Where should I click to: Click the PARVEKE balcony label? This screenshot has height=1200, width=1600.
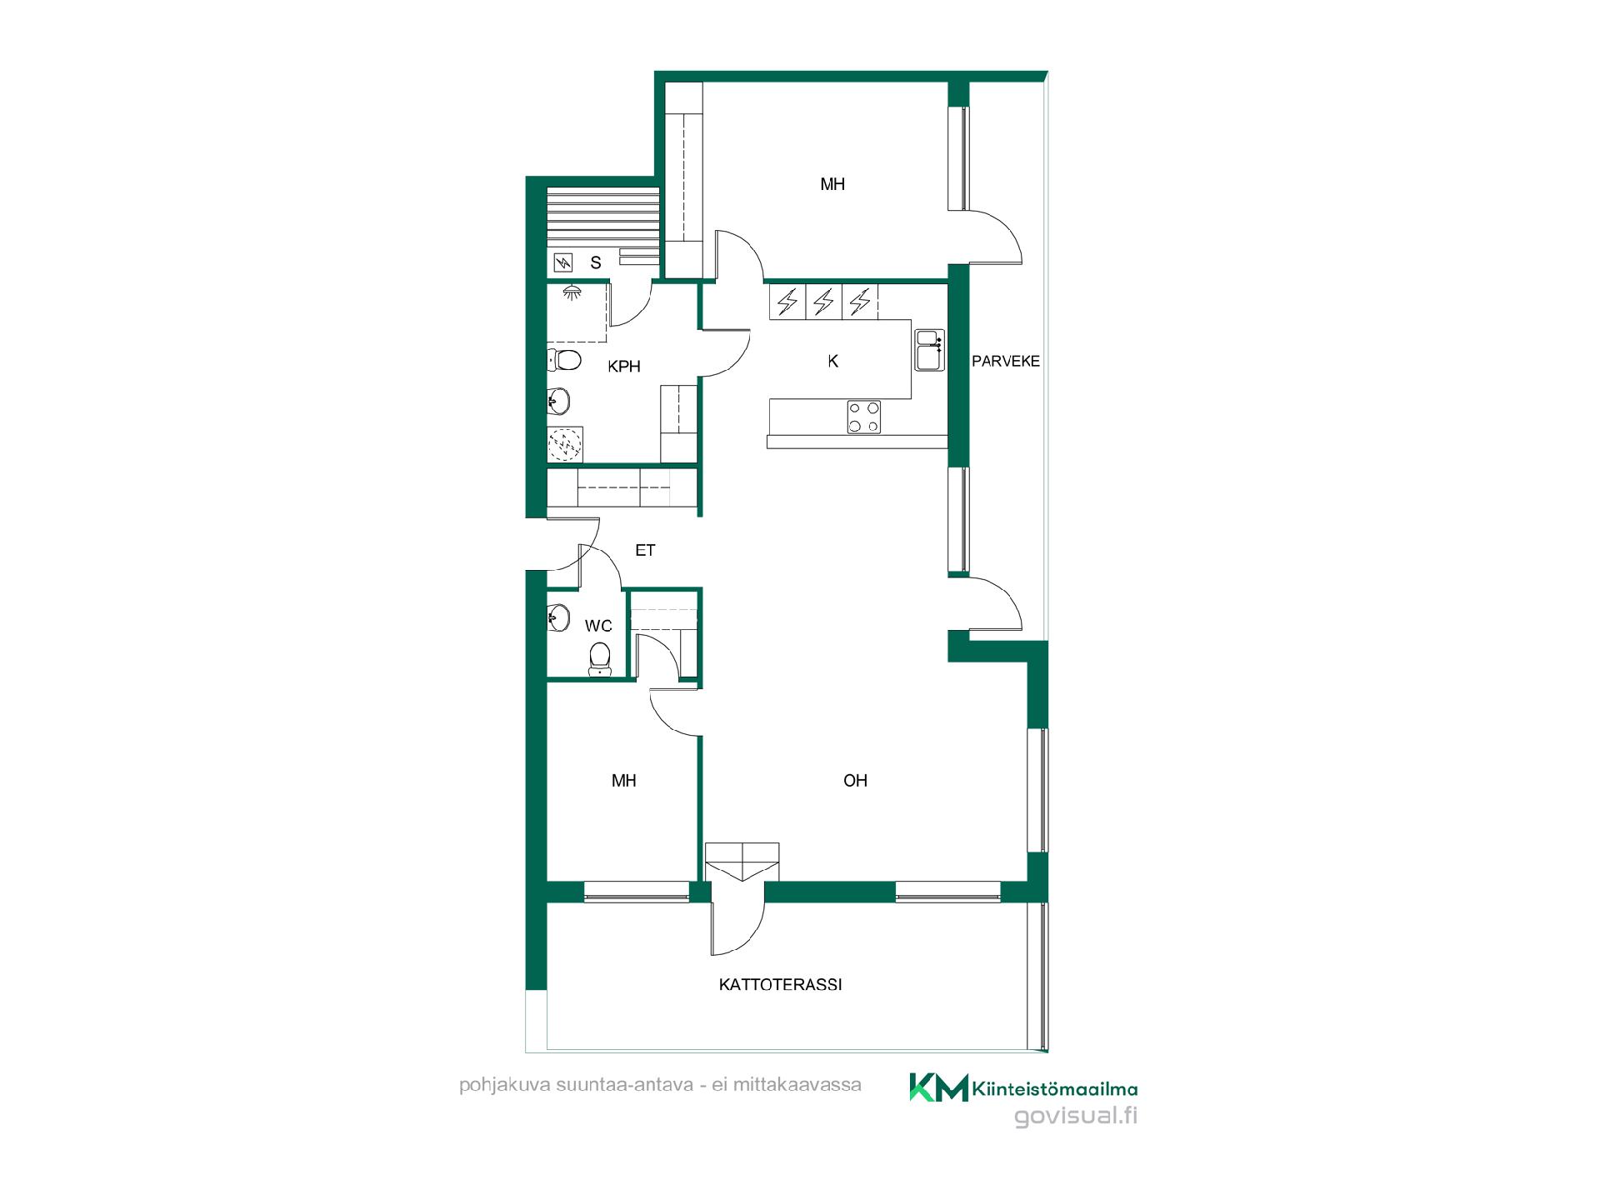pos(1006,362)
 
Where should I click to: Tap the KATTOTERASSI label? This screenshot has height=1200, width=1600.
pos(781,985)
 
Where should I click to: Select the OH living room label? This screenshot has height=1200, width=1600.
pos(856,781)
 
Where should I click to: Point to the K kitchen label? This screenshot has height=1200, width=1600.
pos(833,362)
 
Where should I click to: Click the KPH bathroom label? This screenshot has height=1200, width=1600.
pos(624,367)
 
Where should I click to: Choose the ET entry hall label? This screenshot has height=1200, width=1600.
pos(645,551)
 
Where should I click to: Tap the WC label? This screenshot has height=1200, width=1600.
pos(598,626)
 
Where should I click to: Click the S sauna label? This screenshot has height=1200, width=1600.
pos(596,263)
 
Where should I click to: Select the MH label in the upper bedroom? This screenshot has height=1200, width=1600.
pos(832,184)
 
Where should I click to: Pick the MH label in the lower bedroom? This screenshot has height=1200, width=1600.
pos(624,781)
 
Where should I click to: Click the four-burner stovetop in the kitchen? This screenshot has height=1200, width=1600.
pos(864,417)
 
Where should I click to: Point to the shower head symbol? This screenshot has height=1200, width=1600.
pos(572,292)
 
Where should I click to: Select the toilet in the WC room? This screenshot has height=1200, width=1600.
pos(599,658)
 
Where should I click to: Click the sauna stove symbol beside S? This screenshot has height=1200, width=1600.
pos(564,263)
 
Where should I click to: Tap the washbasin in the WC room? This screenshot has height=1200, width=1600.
pos(558,618)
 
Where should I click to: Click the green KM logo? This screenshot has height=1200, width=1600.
pos(938,1087)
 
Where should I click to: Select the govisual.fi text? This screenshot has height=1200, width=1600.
pos(1076,1117)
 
